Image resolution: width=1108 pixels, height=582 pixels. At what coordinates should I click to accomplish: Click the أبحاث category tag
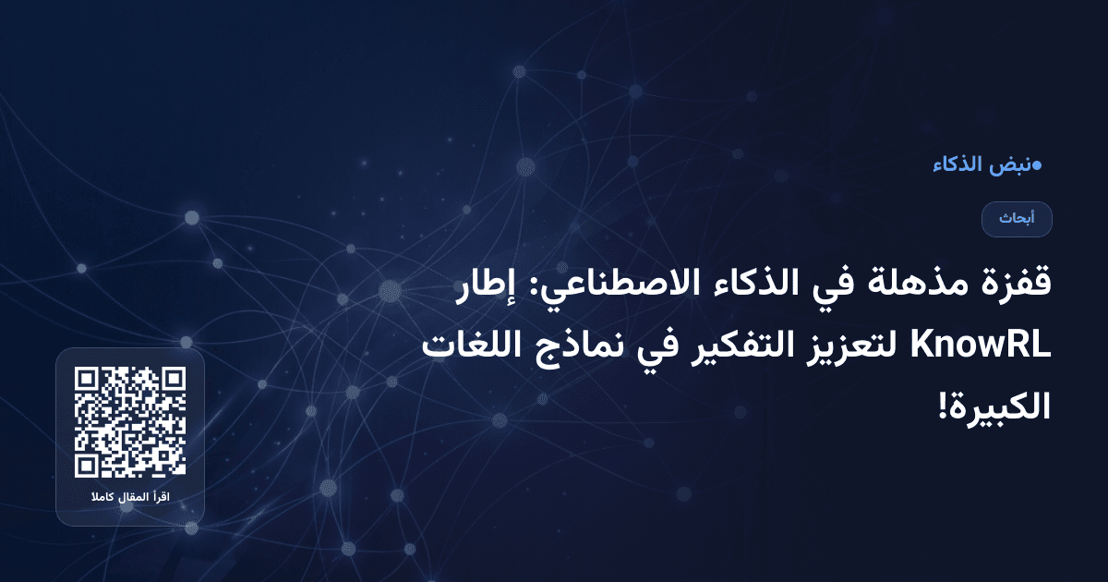(x=1017, y=219)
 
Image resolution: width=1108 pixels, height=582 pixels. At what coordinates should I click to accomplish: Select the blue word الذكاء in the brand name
(x=957, y=166)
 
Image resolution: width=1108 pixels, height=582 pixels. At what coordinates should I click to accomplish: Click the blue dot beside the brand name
(x=1036, y=166)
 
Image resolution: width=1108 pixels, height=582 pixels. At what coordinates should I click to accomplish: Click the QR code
(x=130, y=422)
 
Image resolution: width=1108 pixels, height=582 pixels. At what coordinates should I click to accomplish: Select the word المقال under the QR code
(x=131, y=499)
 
